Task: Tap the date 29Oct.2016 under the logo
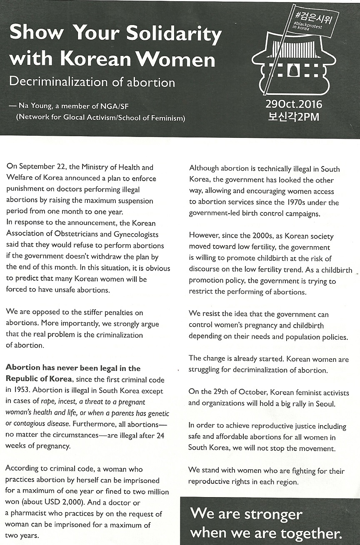pyautogui.click(x=294, y=104)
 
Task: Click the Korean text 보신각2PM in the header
pyautogui.click(x=294, y=116)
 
